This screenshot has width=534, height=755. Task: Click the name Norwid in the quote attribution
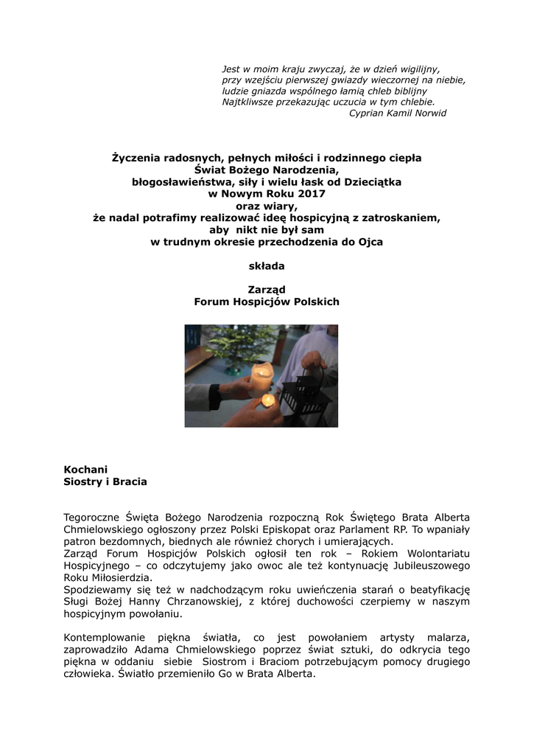point(430,113)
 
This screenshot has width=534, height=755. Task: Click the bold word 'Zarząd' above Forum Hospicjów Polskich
point(266,290)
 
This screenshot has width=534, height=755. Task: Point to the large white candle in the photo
point(261,377)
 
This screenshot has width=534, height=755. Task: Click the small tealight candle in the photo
point(268,400)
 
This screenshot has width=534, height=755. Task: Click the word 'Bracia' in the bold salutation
point(129,481)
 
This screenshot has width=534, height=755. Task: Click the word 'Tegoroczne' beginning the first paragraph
point(92,517)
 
